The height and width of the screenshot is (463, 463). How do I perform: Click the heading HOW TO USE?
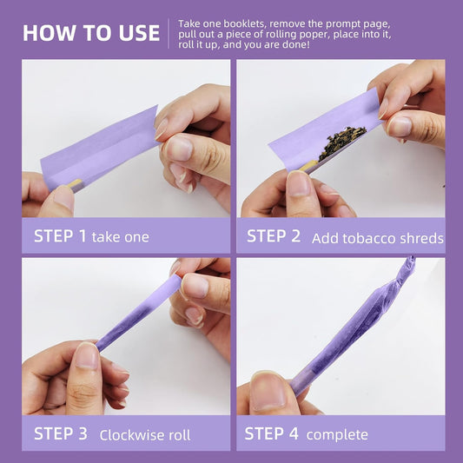click(91, 33)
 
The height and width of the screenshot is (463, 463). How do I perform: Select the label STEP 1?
click(60, 236)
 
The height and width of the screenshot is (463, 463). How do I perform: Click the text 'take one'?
click(120, 237)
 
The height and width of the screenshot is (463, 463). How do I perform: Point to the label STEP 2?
click(274, 236)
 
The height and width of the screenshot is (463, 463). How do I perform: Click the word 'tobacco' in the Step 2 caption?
click(369, 238)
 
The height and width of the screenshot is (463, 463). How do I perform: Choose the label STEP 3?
click(61, 433)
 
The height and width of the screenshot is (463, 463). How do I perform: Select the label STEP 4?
click(271, 433)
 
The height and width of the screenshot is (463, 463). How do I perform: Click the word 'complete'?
click(337, 435)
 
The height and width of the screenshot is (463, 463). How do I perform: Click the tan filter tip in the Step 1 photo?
click(75, 183)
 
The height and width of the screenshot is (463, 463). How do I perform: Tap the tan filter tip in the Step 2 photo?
click(309, 166)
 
